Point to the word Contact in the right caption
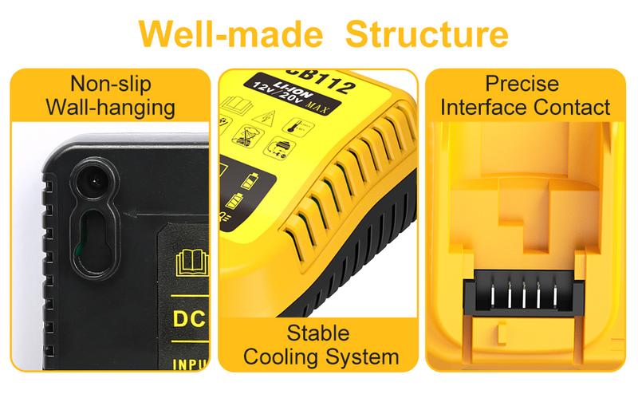click(573, 106)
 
